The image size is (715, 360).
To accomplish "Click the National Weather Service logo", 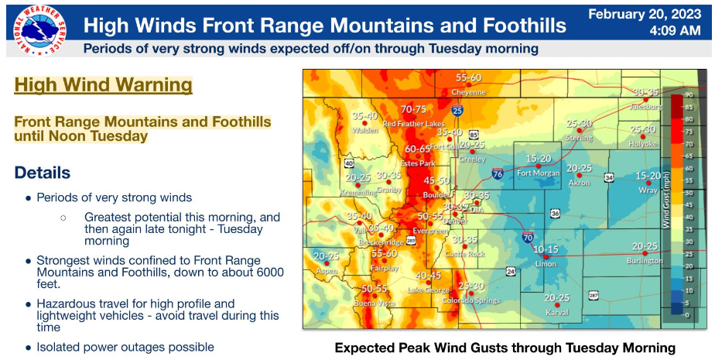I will [x=34, y=29].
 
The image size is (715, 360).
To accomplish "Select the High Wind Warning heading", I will [x=103, y=84].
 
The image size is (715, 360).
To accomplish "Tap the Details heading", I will [x=43, y=172].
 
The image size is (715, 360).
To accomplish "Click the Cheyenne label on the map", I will [x=468, y=91].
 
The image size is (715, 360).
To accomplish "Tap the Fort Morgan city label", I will [x=538, y=173].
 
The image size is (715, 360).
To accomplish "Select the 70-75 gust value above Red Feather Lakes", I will [x=414, y=109].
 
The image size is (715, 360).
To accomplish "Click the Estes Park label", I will [x=418, y=163].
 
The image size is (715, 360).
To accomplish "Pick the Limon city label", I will [x=546, y=263].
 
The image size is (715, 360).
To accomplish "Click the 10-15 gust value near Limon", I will [x=546, y=250].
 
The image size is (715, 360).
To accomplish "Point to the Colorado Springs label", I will [x=466, y=300].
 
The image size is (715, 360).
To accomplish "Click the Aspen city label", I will [x=326, y=271].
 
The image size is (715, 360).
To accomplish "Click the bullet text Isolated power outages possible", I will [x=125, y=347].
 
